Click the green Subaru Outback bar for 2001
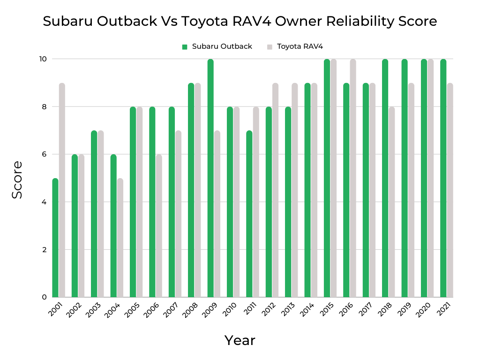(x=55, y=238)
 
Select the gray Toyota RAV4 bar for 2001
(x=62, y=190)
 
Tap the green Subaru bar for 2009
(x=210, y=178)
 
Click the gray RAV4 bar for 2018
(x=392, y=202)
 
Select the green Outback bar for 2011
(x=249, y=214)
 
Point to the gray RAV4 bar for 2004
(x=120, y=238)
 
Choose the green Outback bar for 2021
(x=443, y=178)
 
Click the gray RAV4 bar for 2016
(x=353, y=178)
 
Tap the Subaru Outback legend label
(x=222, y=46)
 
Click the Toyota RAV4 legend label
(x=300, y=46)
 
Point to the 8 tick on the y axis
(x=44, y=107)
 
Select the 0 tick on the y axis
(x=44, y=297)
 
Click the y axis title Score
(x=17, y=180)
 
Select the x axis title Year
(x=240, y=340)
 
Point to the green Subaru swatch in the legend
(x=185, y=47)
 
